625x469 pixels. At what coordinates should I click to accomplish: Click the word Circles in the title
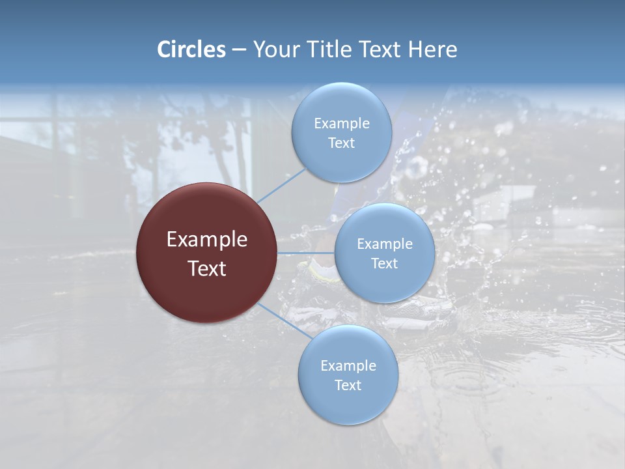tap(191, 50)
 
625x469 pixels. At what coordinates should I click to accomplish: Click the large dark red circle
tap(206, 253)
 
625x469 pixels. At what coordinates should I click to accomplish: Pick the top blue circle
tap(341, 132)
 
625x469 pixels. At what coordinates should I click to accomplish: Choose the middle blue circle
tap(384, 253)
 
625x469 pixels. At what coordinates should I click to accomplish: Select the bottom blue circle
tap(348, 375)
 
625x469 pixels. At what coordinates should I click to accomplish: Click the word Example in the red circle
tap(207, 240)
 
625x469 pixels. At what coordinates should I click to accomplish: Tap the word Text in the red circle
tap(207, 268)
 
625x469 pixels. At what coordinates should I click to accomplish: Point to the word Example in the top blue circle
tap(342, 123)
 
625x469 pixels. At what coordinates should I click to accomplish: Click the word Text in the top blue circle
tap(341, 143)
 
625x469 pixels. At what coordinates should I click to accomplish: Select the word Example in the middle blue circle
tap(385, 244)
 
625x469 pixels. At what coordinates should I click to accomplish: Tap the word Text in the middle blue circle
tap(384, 263)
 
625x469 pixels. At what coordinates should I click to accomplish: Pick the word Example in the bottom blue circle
tap(348, 365)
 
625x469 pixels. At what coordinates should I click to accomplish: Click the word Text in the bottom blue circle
tap(348, 385)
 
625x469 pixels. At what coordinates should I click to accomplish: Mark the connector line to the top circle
tap(281, 185)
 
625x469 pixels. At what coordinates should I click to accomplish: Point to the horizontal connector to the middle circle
tap(305, 253)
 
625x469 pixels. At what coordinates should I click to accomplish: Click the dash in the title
tap(238, 50)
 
